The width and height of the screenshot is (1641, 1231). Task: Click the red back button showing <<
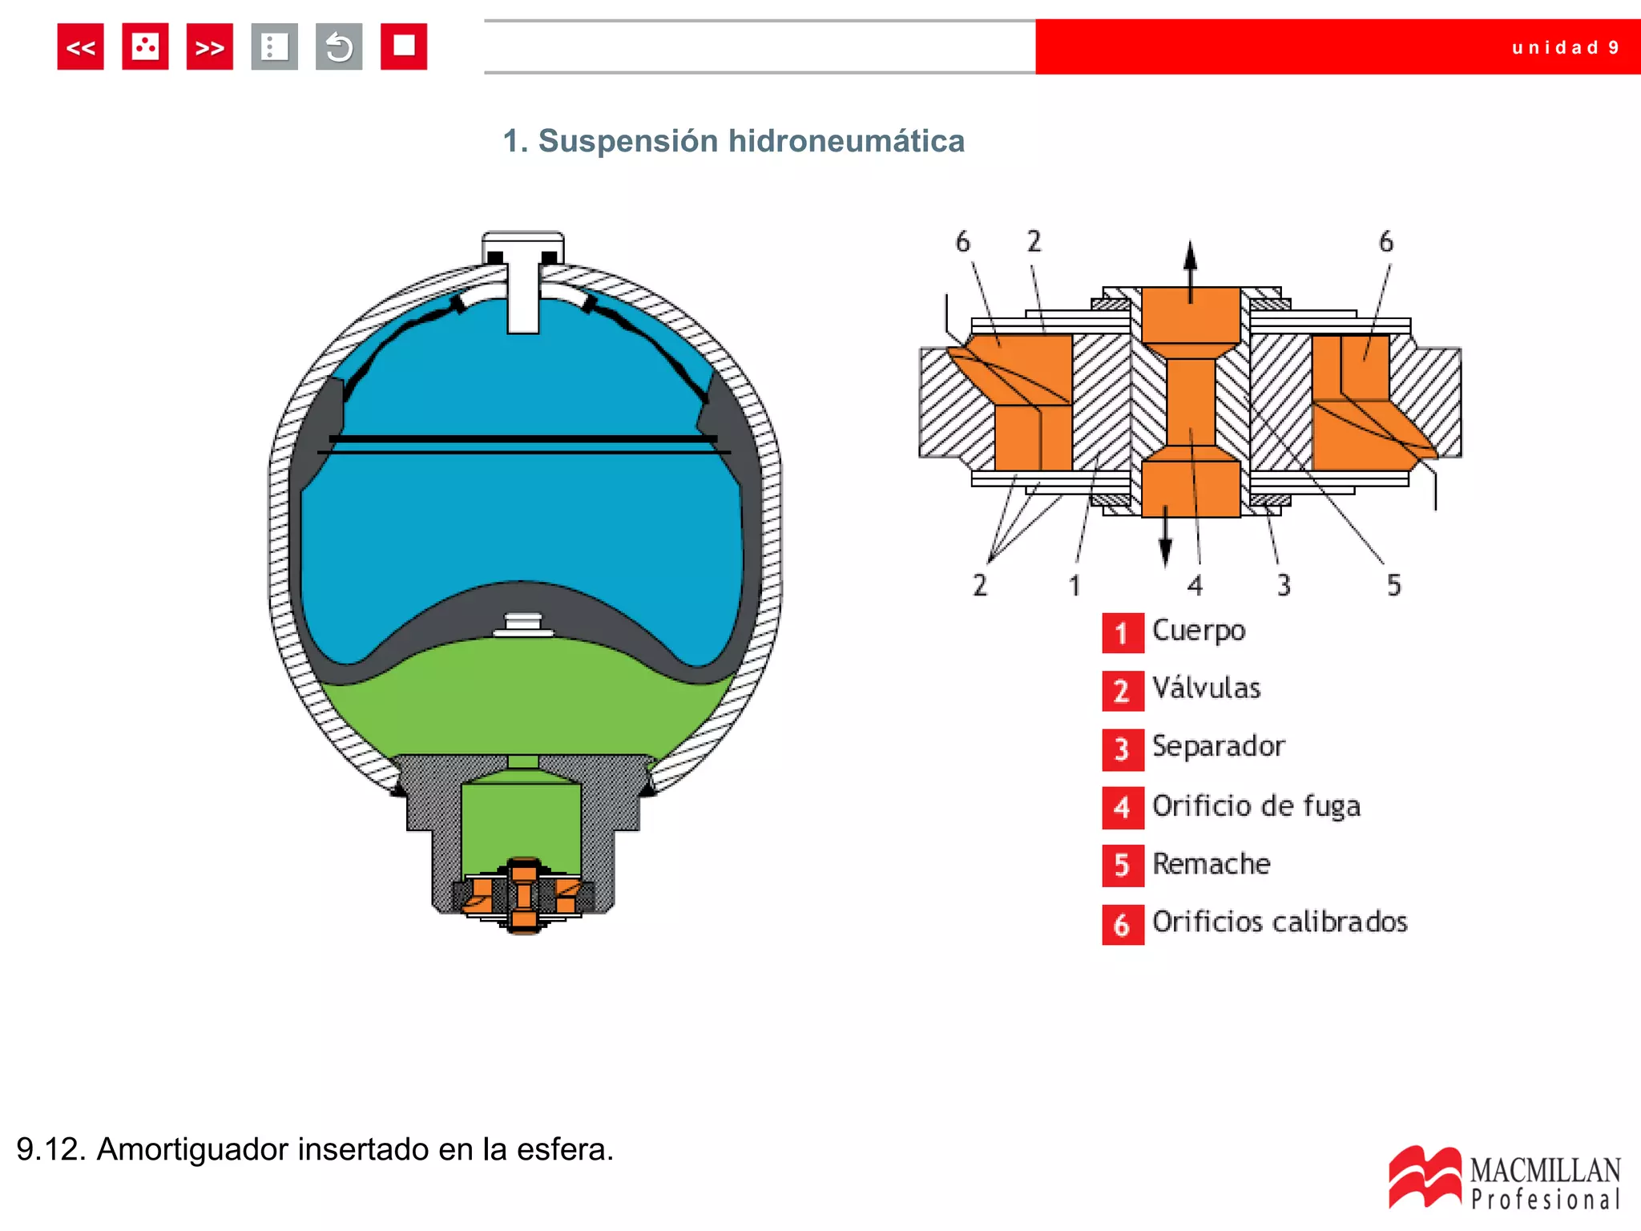(80, 47)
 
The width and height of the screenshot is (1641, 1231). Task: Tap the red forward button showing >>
(209, 47)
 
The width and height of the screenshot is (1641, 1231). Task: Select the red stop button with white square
(403, 47)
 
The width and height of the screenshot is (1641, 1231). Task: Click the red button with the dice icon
(145, 47)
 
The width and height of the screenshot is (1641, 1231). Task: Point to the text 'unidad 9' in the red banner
(1565, 48)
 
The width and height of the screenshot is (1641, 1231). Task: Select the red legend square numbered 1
(1122, 633)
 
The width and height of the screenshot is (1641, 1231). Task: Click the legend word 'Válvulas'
(1206, 688)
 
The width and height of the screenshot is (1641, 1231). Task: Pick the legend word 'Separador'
(1218, 747)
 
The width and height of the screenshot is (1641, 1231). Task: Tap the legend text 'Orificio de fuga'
(1256, 806)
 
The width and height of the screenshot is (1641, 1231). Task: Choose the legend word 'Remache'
(1211, 864)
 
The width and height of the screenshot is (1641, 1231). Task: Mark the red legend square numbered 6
(1122, 925)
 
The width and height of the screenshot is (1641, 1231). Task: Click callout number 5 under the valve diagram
(1393, 585)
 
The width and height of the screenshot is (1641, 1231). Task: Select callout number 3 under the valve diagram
(1284, 585)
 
